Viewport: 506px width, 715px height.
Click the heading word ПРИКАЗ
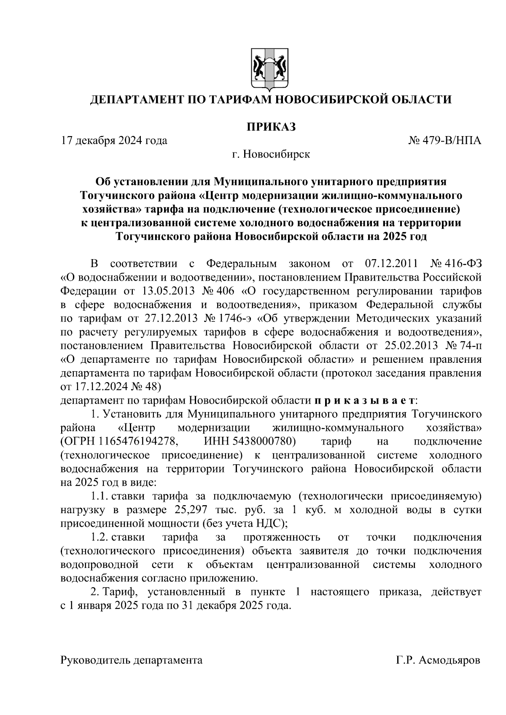[x=270, y=126]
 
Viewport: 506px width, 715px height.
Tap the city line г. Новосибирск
[x=270, y=154]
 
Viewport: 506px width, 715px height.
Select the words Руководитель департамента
[x=132, y=660]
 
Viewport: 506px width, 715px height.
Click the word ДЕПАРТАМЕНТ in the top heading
[x=134, y=100]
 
